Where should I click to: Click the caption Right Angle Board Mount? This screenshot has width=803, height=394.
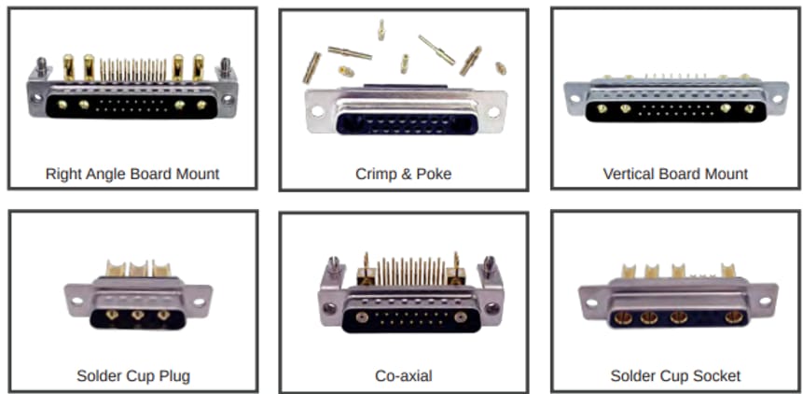tap(132, 174)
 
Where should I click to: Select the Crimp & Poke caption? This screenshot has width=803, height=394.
tap(403, 174)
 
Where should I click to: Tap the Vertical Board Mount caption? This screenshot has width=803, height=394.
tap(675, 174)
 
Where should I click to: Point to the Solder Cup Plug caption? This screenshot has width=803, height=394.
tap(133, 376)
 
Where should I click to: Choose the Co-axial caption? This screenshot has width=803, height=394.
tap(403, 376)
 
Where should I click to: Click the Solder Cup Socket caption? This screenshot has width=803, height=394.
tap(675, 376)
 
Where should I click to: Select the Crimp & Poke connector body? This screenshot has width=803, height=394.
tap(405, 112)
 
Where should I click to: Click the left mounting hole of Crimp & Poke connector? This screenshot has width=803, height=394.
tap(318, 110)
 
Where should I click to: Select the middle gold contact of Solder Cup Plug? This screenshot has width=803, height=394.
tap(137, 315)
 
